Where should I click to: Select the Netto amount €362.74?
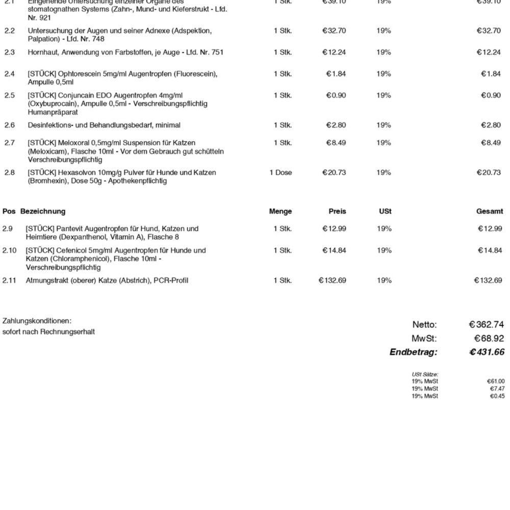(487, 324)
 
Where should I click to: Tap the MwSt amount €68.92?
(489, 338)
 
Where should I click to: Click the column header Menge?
(280, 211)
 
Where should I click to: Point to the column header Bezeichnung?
(43, 211)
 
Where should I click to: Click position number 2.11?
(10, 280)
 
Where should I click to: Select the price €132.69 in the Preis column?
(332, 280)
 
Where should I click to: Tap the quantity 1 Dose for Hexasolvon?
(280, 172)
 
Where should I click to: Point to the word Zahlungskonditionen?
(37, 321)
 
